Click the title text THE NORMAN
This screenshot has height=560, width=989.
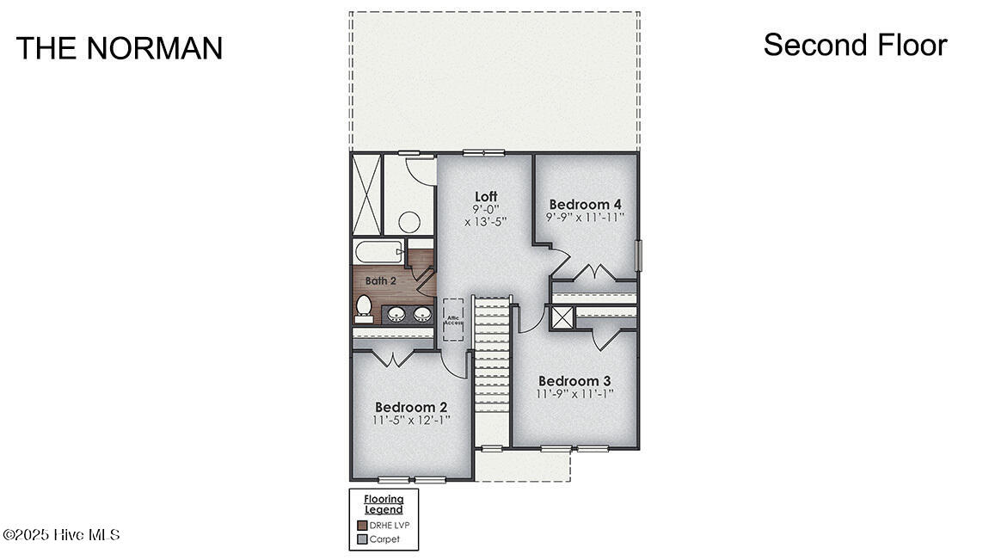tap(120, 48)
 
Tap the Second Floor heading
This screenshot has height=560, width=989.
tap(856, 45)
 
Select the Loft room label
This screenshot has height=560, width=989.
tap(486, 196)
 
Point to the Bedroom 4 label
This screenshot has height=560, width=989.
tap(586, 204)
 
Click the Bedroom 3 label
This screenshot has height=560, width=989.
tap(574, 381)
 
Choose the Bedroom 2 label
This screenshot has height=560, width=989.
tap(411, 408)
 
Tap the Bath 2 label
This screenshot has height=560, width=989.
tap(381, 280)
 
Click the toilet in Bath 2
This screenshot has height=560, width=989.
tap(364, 308)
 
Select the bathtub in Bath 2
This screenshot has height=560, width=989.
tap(378, 252)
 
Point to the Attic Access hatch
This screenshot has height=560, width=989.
tap(453, 320)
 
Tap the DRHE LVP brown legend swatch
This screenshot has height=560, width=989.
tap(362, 526)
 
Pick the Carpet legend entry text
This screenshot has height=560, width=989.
tap(384, 539)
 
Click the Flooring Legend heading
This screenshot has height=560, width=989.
tap(384, 504)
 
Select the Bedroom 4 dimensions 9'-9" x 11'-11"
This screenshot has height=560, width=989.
tap(586, 217)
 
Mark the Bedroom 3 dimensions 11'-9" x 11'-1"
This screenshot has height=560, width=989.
tap(574, 394)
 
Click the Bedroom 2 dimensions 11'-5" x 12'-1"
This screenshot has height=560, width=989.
tap(411, 420)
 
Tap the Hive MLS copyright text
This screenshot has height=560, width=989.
tap(61, 535)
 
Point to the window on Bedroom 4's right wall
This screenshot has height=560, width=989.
tap(638, 255)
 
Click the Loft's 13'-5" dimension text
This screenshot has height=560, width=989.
tap(486, 222)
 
